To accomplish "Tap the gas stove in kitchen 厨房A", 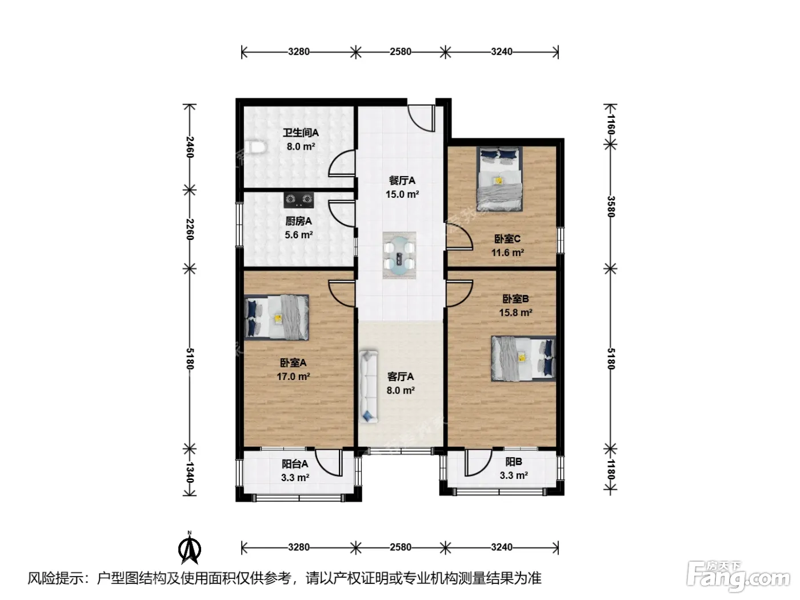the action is click(299, 199).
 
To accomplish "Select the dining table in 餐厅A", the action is click(399, 255).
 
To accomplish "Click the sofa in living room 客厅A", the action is click(368, 386).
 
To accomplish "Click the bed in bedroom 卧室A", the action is click(276, 317).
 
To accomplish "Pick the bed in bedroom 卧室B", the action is click(523, 358).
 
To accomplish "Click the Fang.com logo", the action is click(738, 577).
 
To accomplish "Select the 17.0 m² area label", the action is click(293, 377).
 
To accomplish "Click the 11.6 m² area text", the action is click(507, 253).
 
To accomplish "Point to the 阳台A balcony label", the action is click(295, 464).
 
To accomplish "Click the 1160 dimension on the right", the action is click(611, 125).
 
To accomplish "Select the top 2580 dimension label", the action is click(401, 52).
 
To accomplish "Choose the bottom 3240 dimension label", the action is click(502, 547).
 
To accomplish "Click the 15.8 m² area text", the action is click(516, 313).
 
